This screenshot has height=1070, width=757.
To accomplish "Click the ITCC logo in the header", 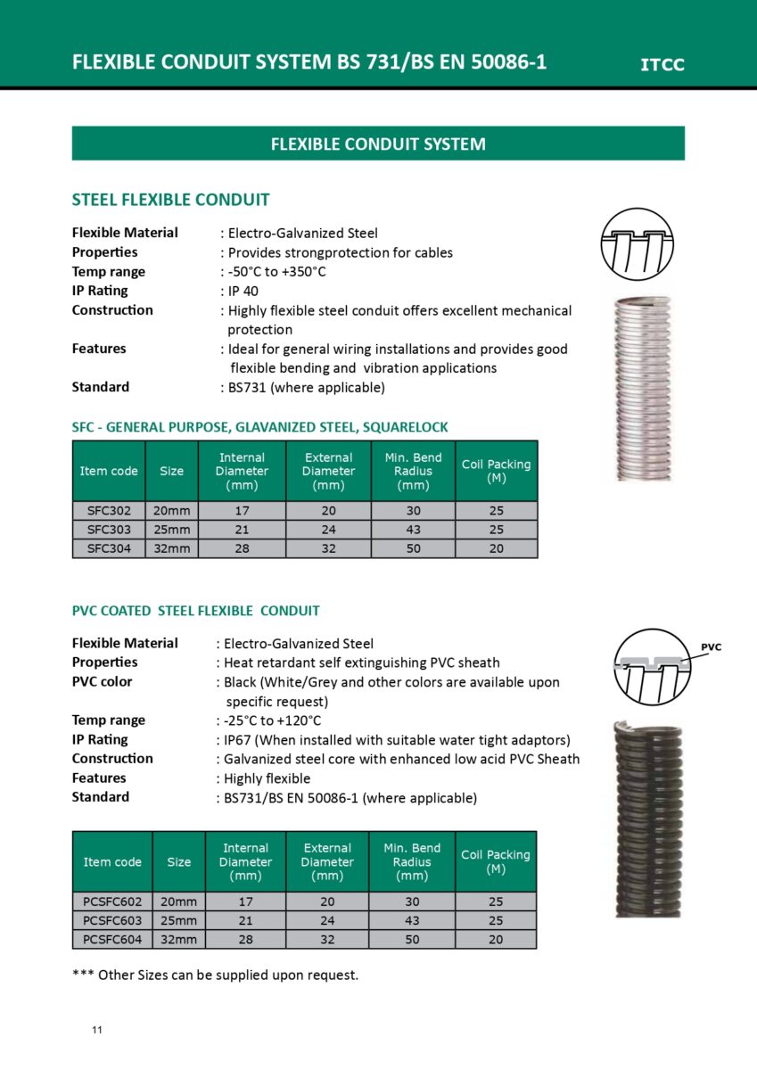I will pyautogui.click(x=662, y=64).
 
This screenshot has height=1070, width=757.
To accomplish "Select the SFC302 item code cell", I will pyautogui.click(x=109, y=511).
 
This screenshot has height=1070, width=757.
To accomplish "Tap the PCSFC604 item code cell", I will pyautogui.click(x=112, y=939).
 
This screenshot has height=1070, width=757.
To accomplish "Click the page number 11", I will pyautogui.click(x=97, y=1031).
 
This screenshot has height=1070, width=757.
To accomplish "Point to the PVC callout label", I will pyautogui.click(x=711, y=647).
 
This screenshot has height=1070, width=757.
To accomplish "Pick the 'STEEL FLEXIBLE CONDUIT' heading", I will pyautogui.click(x=170, y=200).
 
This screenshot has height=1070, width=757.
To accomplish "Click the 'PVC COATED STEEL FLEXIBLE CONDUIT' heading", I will pyautogui.click(x=195, y=611).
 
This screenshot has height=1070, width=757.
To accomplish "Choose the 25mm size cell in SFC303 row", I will pyautogui.click(x=171, y=530).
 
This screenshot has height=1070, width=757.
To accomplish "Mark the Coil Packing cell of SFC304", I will pyautogui.click(x=496, y=548).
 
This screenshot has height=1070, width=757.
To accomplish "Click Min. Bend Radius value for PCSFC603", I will pyautogui.click(x=412, y=920).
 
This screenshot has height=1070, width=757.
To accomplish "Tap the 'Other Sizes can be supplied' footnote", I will pyautogui.click(x=215, y=975).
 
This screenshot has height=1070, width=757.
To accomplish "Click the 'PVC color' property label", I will pyautogui.click(x=102, y=682).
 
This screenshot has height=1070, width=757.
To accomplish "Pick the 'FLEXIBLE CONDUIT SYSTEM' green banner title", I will pyautogui.click(x=378, y=144).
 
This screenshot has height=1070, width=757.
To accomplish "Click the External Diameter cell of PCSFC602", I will pyautogui.click(x=327, y=901).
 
